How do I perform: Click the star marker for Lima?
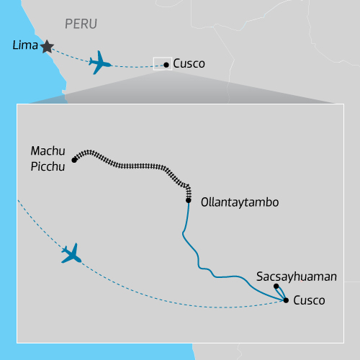[47, 46]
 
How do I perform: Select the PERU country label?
[81, 24]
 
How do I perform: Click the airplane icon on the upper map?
[100, 63]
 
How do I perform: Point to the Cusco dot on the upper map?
[167, 65]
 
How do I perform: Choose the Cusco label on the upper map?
[189, 64]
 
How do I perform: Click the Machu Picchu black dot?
[75, 160]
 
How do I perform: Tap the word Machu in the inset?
[48, 151]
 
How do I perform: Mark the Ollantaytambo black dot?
[187, 200]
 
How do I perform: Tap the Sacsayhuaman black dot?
[276, 287]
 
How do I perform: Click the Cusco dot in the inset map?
[287, 300]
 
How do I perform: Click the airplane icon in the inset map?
[71, 253]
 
